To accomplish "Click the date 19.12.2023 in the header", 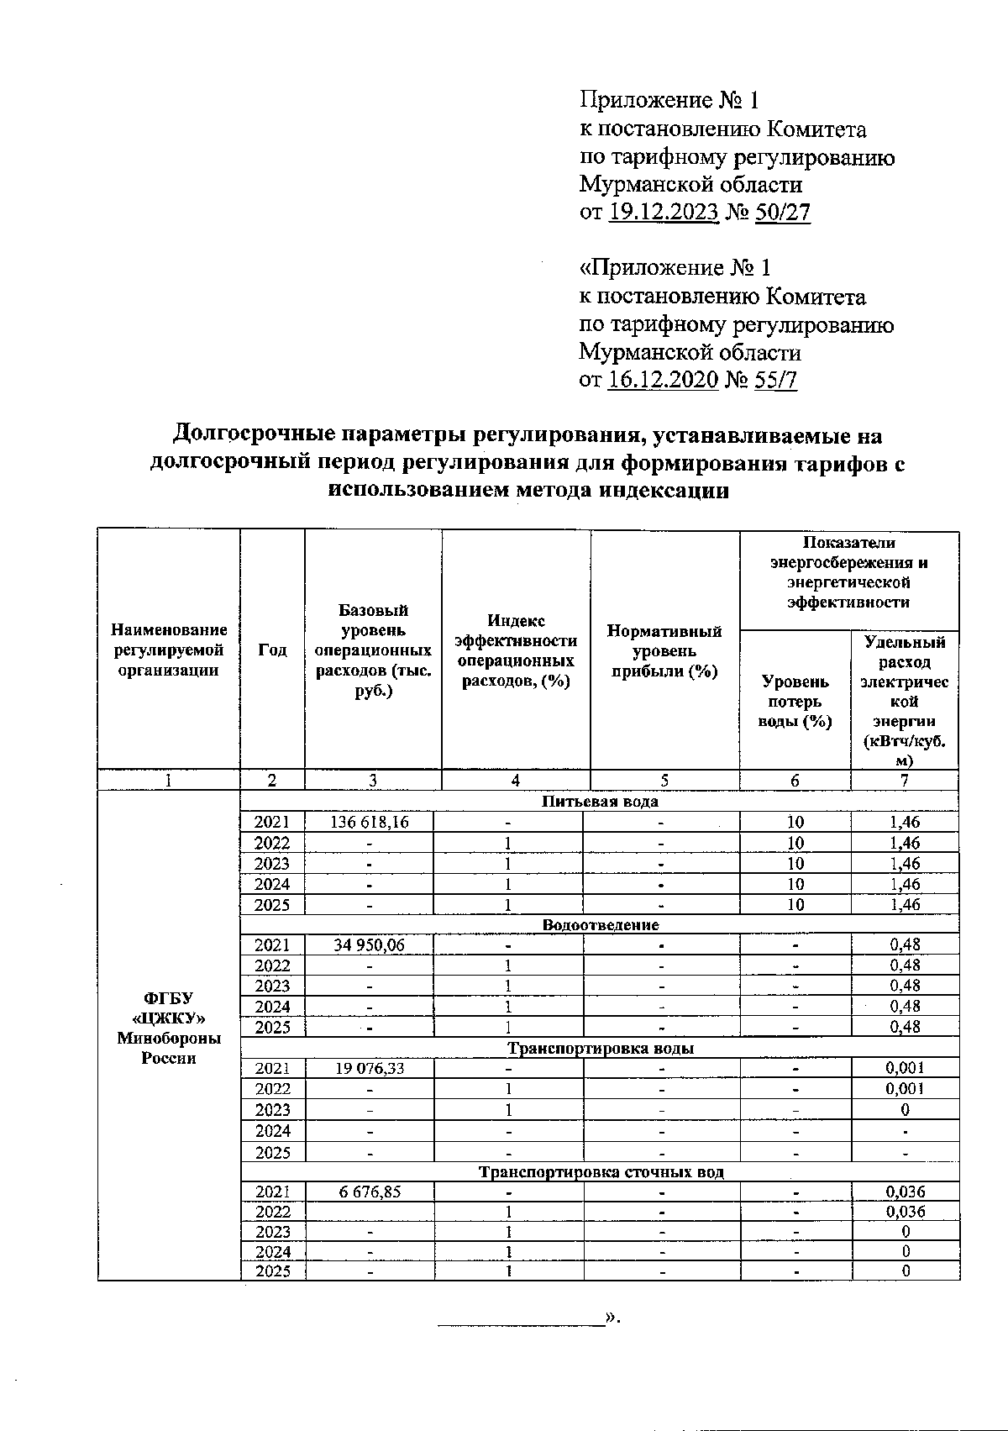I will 663,212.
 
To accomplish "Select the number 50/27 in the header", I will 783,212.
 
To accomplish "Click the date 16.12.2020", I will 663,380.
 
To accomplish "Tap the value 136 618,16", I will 370,822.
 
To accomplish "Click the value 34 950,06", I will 370,944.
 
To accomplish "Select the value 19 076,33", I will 370,1068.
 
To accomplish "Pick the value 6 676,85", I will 370,1191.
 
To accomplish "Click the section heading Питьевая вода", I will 600,801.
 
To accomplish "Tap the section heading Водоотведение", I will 600,924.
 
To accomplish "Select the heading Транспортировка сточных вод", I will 600,1171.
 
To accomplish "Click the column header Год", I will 272,650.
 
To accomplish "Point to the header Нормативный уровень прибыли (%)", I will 664,650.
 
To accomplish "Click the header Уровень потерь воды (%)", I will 795,701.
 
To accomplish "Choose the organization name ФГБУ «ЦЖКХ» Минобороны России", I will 169,1027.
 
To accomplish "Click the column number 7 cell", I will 905,780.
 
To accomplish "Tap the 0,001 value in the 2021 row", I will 905,1068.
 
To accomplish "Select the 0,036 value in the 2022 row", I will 905,1211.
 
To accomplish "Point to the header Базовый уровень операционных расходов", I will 373,650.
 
